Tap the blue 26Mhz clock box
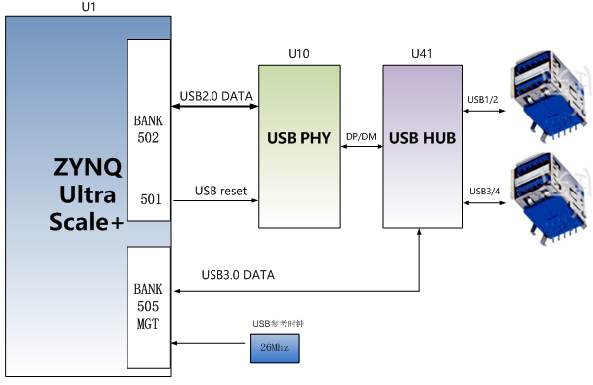[x=272, y=350]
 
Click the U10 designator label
[x=298, y=51]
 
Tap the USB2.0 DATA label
[x=215, y=96]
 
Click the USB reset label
[x=220, y=190]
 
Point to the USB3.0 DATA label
[x=237, y=274]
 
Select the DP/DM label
[x=360, y=136]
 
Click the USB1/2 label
[x=482, y=99]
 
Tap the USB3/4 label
[x=482, y=190]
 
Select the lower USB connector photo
[x=550, y=196]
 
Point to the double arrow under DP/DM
[x=360, y=148]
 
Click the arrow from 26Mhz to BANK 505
[x=209, y=343]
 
